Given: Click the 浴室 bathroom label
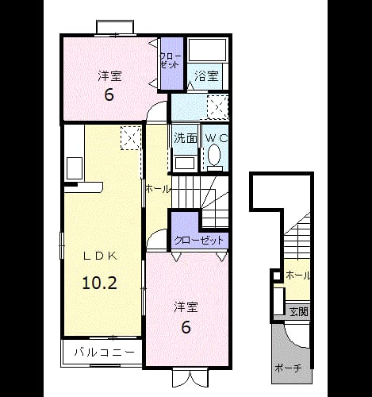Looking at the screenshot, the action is [x=206, y=76].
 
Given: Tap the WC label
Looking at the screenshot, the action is [x=217, y=137].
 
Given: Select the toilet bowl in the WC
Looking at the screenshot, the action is [x=214, y=155].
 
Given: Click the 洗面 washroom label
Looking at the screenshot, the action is [x=186, y=138].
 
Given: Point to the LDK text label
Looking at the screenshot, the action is [x=100, y=256].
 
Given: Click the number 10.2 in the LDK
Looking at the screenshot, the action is [x=99, y=283].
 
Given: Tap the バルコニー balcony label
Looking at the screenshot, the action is [x=104, y=353].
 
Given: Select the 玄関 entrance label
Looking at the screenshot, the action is [x=299, y=312].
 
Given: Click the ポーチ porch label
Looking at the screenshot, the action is [x=288, y=368].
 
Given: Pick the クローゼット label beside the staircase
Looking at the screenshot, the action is [x=199, y=241].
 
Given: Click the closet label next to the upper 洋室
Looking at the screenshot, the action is [x=171, y=61].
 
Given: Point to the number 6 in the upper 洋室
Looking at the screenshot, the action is [x=109, y=94].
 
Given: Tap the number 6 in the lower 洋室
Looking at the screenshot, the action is [x=186, y=327].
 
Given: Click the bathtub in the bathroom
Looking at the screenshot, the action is [x=208, y=50].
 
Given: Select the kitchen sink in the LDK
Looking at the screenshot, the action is [x=75, y=168].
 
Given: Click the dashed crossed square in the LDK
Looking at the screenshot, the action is [x=131, y=138].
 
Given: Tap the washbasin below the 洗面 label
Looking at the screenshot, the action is [x=186, y=163].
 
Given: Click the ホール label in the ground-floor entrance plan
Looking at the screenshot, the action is [x=297, y=276].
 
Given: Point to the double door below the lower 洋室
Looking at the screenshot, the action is [x=190, y=378].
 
